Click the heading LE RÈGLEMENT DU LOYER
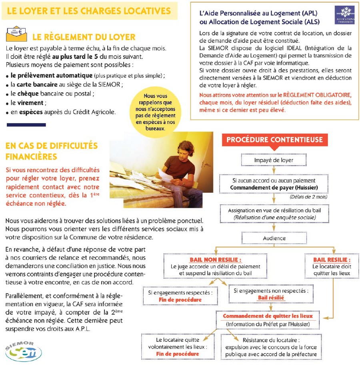click(84, 37)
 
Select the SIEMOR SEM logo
click(24, 351)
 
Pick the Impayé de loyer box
click(274, 160)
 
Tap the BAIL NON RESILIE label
click(215, 260)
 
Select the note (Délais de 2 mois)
click(306, 197)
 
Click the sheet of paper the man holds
click(164, 174)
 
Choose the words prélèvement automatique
click(44, 76)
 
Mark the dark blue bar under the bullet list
click(26, 125)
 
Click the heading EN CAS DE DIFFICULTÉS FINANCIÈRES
click(52, 150)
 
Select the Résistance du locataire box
click(271, 347)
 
